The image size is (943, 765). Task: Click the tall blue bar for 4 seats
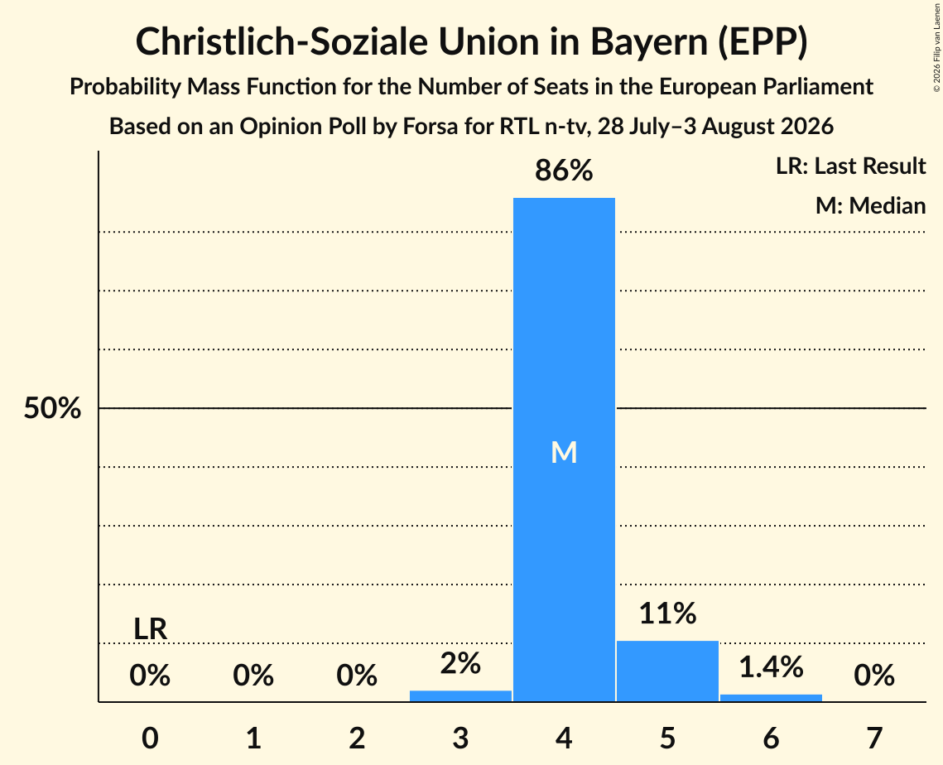click(564, 450)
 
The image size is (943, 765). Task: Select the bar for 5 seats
click(667, 671)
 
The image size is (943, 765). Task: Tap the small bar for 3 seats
click(460, 695)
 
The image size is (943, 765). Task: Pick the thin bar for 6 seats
click(771, 698)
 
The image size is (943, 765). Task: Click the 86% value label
click(564, 171)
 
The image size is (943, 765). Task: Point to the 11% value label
click(667, 613)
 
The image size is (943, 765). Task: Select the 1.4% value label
click(771, 667)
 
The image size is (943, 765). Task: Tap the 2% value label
click(460, 663)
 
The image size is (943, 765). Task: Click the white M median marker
click(564, 452)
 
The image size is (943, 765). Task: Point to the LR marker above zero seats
click(151, 629)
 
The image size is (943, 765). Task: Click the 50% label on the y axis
click(52, 408)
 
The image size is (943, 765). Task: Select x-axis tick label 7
click(874, 738)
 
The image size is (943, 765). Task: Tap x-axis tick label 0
click(151, 738)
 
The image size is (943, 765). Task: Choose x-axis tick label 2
click(357, 738)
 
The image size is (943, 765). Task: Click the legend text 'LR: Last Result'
click(851, 166)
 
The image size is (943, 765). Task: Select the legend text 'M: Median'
click(871, 205)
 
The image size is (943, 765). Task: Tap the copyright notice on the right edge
click(936, 47)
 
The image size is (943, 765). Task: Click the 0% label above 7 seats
click(874, 675)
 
